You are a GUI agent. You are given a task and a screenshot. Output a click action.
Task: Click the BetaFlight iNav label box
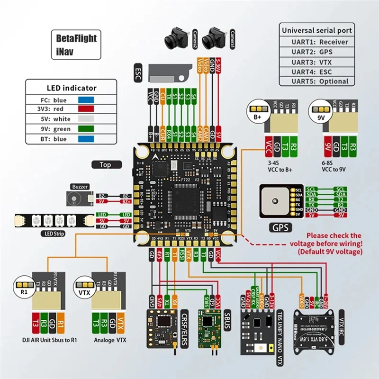coord(76,45)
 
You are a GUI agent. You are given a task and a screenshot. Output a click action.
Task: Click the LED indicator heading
coord(72,88)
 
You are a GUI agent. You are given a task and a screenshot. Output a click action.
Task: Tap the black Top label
coord(105,165)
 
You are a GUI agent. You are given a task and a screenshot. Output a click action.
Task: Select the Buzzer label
coord(80,187)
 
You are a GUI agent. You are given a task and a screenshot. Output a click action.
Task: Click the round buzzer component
coord(75,198)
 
